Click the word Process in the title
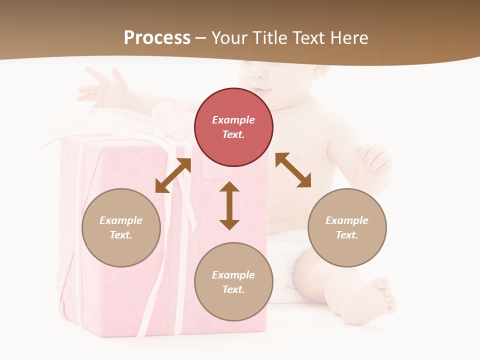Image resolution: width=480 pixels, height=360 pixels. click(x=157, y=38)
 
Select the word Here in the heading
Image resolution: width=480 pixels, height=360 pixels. click(x=349, y=38)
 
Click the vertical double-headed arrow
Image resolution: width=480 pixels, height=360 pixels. click(x=229, y=205)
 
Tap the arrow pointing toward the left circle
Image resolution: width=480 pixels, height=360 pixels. click(x=173, y=175)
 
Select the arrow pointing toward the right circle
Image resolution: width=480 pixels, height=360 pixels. click(x=293, y=170)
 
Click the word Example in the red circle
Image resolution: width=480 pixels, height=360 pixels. click(x=233, y=120)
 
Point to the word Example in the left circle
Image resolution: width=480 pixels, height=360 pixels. click(x=121, y=220)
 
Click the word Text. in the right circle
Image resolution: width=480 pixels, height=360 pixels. click(x=347, y=235)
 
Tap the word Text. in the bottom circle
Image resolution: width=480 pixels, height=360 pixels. click(x=233, y=289)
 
